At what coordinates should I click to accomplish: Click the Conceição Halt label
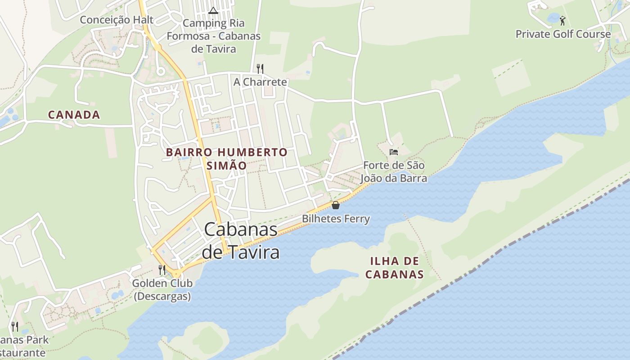coord(117,20)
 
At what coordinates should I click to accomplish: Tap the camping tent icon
coord(213,10)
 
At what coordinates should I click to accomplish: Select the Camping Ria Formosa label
coord(213,36)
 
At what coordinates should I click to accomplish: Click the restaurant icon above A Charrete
coord(260,68)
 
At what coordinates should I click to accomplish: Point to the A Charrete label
coord(260,82)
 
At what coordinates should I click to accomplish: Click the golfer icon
coord(562,20)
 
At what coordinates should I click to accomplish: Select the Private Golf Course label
coord(563,34)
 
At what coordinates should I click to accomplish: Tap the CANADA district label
coord(74,115)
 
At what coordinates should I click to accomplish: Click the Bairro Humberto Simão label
coord(227,159)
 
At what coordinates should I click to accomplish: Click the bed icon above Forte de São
coord(394,152)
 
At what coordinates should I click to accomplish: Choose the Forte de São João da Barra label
coord(394,172)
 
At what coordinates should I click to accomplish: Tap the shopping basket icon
coord(336,205)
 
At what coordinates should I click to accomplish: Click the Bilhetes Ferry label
coord(336,219)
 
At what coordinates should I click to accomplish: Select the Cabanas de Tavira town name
coord(241,241)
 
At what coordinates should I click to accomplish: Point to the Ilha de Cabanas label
coord(394,268)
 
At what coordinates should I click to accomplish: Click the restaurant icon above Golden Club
coord(162,270)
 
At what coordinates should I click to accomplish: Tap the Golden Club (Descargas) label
coord(162,290)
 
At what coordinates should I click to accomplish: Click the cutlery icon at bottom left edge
coord(15,326)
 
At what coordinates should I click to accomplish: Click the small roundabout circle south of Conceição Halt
coord(161,71)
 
